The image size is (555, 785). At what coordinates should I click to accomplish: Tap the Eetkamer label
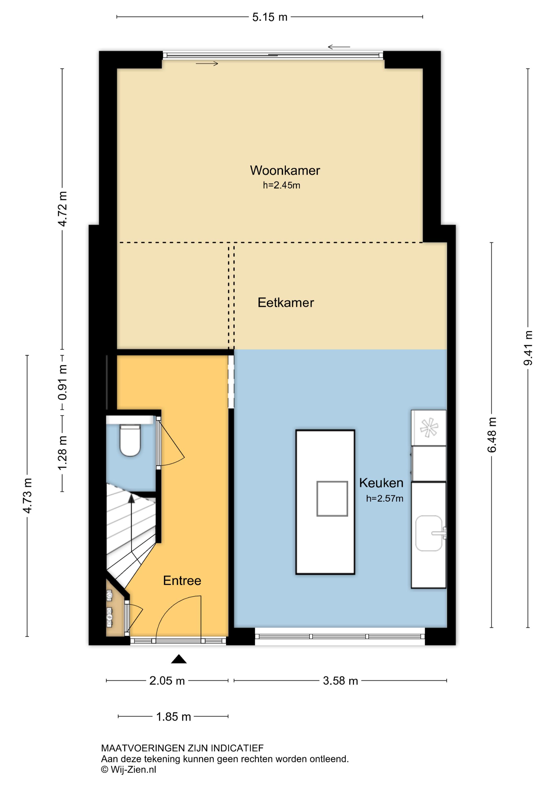click(x=286, y=302)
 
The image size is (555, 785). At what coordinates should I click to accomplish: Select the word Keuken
click(x=381, y=483)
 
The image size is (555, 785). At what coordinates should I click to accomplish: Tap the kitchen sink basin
click(x=429, y=533)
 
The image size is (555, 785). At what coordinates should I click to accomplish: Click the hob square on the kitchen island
click(x=332, y=498)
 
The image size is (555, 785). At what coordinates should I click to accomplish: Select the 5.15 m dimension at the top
click(x=270, y=17)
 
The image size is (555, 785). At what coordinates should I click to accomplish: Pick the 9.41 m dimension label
click(x=528, y=348)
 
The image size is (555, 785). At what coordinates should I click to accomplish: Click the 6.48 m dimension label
click(x=492, y=435)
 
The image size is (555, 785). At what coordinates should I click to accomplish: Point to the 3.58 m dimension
click(x=340, y=681)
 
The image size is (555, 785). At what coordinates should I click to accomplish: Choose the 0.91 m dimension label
click(x=62, y=382)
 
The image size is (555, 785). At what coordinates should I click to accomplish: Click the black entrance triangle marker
click(x=179, y=659)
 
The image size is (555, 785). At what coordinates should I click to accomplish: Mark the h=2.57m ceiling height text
click(x=384, y=498)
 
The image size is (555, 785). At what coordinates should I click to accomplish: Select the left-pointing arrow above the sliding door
click(x=339, y=47)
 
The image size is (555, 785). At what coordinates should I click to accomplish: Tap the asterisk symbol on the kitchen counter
click(x=429, y=427)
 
